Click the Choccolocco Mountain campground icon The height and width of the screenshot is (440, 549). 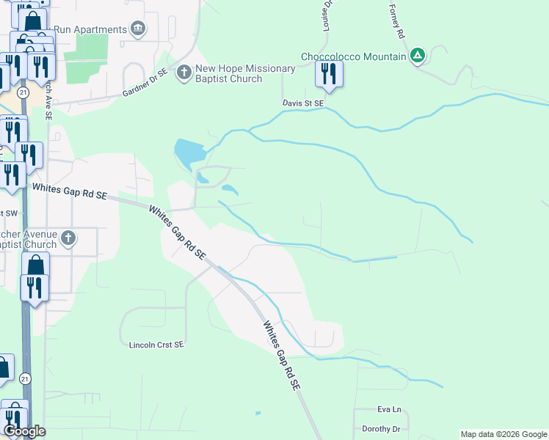(418, 56)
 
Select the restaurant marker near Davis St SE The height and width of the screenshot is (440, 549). (328, 74)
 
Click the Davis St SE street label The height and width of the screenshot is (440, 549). (303, 104)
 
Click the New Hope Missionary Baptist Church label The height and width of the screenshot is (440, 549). (245, 73)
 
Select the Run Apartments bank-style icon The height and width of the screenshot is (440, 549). (137, 29)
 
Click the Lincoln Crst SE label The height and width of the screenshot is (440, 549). (156, 344)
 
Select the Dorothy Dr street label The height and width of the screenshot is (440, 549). (381, 429)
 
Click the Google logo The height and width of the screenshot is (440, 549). (23, 431)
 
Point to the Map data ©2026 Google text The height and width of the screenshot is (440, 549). (503, 434)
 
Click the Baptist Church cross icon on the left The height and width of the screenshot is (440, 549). (68, 238)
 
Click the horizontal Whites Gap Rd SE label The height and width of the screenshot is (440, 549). (70, 192)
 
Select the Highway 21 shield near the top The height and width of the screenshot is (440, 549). (24, 93)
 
